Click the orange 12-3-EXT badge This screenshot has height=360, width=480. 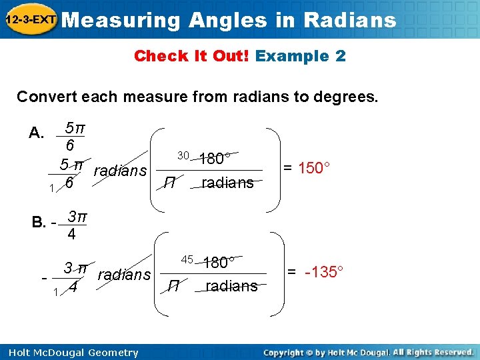pos(31,20)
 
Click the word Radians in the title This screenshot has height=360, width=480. pos(349,20)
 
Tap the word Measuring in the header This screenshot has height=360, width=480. pos(125,20)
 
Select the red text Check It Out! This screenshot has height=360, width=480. pos(192,56)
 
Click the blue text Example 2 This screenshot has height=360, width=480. pos(300,56)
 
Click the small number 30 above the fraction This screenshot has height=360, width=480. pos(183,155)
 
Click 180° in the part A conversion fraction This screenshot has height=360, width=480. pos(215,159)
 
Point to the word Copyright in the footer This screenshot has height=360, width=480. pos(287,352)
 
